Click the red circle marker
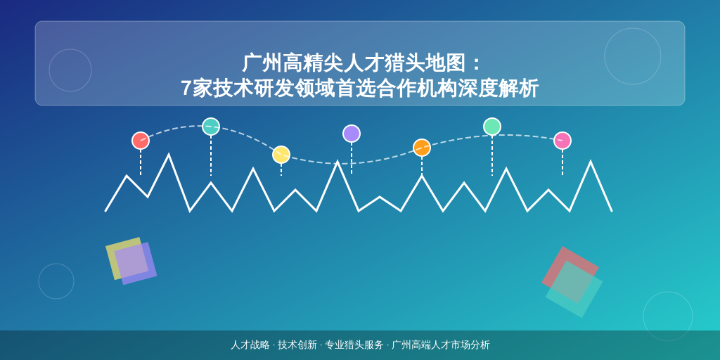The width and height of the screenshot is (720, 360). (141, 141)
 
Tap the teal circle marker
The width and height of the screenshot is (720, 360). (211, 127)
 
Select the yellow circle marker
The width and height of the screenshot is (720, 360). (281, 155)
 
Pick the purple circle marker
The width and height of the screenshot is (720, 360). (352, 134)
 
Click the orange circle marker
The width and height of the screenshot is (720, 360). (422, 148)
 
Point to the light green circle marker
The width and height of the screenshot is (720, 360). (491, 127)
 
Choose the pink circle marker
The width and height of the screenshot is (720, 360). (562, 141)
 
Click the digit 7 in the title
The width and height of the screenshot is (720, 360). (186, 89)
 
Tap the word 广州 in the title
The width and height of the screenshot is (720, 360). (262, 63)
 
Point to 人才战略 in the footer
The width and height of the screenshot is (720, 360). (250, 345)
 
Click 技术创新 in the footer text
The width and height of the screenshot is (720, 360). (297, 345)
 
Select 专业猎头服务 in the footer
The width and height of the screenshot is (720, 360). (354, 345)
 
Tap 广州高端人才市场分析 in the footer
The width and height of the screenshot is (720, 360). (441, 345)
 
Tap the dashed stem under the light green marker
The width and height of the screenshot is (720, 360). (491, 155)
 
